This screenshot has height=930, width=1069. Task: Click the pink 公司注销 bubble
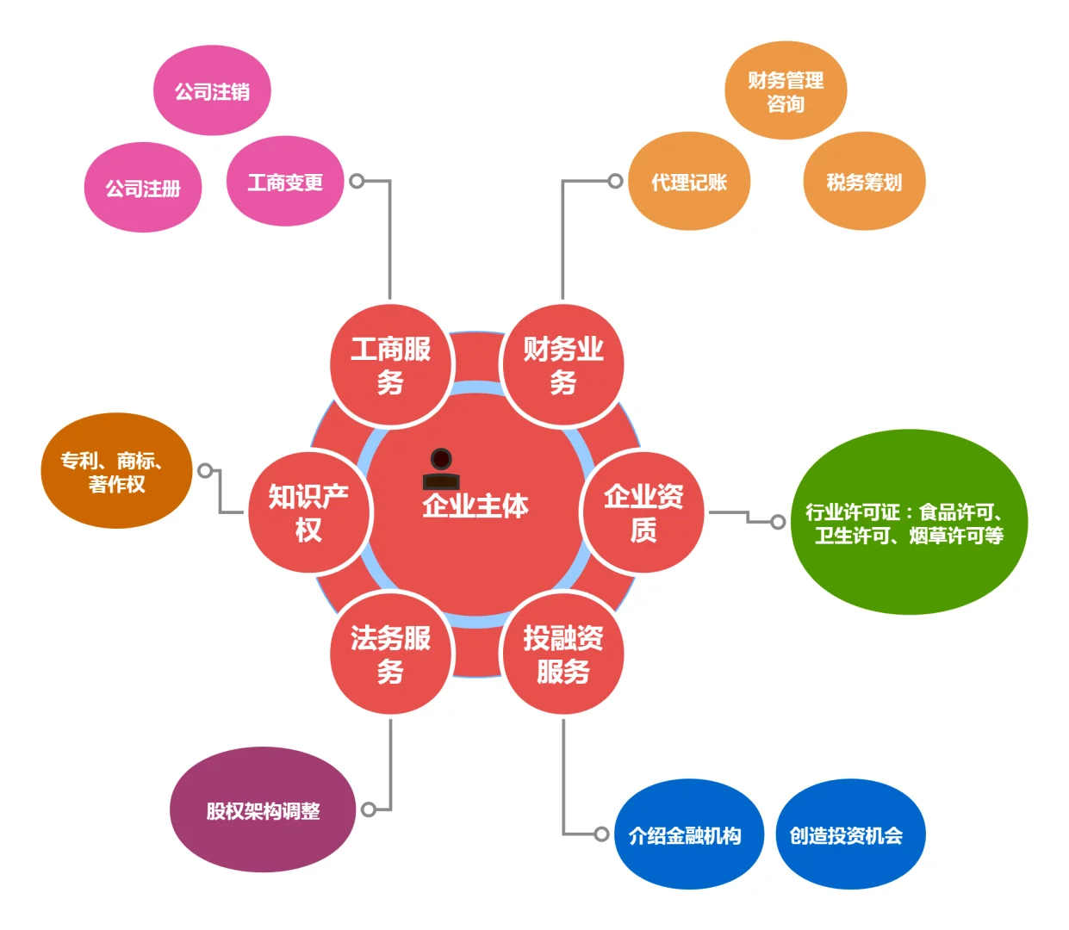point(212,91)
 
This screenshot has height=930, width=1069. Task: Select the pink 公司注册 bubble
point(143,188)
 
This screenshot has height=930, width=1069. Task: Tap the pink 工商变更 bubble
point(285,182)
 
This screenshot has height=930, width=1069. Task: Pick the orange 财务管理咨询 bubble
point(786,91)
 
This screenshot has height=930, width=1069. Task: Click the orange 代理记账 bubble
point(689,182)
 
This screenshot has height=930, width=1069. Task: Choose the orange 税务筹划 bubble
point(864,182)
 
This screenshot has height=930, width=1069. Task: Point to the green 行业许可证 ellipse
point(909,523)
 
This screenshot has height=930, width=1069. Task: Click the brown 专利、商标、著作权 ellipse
point(116,471)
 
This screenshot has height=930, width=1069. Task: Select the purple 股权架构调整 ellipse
point(263,810)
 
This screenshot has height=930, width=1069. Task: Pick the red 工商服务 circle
point(391,365)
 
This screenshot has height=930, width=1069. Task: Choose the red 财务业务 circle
point(562,365)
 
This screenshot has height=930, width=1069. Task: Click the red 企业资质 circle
point(643,512)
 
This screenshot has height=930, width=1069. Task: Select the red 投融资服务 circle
point(562,654)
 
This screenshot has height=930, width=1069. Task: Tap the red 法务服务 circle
point(391,654)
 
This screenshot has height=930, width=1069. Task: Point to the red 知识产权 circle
point(309,512)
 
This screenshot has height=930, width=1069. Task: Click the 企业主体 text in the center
point(475,505)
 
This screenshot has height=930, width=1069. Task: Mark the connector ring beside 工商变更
point(357,181)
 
